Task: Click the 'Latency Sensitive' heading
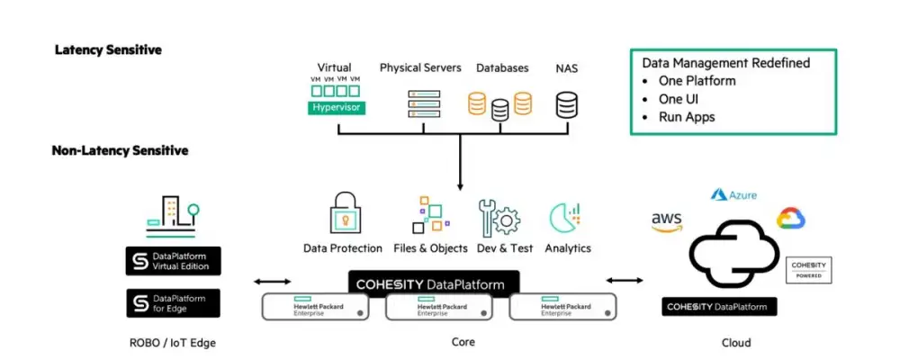click(108, 49)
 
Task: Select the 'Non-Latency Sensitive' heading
click(120, 150)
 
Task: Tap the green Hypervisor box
click(335, 108)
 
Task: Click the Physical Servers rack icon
click(420, 103)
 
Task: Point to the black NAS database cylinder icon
click(566, 104)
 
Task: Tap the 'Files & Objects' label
click(431, 248)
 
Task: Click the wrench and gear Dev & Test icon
click(498, 217)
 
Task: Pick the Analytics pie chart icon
click(567, 218)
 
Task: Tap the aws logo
click(667, 221)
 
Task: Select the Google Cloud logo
click(791, 219)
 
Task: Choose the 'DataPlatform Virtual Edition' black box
click(173, 261)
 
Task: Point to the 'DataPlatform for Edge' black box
click(173, 302)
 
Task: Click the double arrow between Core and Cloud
click(625, 281)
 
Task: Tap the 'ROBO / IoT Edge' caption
click(173, 343)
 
